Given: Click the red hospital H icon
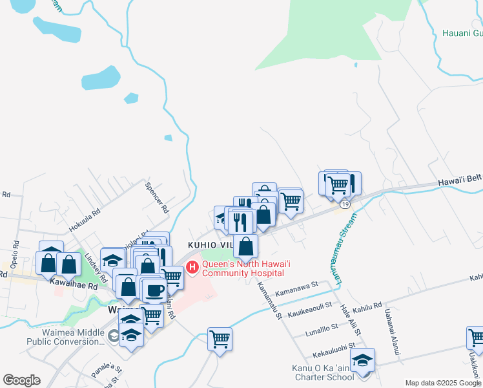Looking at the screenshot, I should tap(192, 267).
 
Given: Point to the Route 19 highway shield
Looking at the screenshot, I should tap(345, 204).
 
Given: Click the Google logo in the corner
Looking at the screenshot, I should tap(21, 380).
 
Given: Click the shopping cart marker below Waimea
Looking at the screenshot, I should tap(220, 338).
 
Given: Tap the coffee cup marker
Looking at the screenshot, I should tap(154, 290).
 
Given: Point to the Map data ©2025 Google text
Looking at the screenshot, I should tap(443, 383).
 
